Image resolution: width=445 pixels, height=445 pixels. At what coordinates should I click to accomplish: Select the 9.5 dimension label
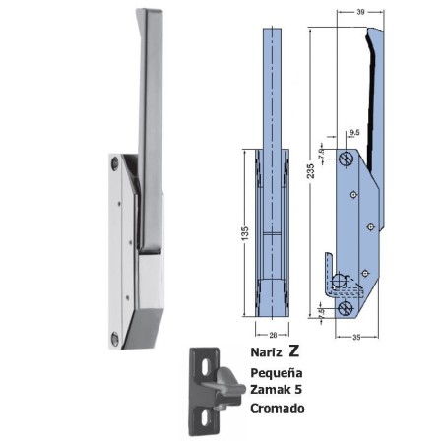(352, 130)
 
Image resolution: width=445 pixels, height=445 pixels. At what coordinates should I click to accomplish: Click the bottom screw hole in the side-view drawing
(343, 307)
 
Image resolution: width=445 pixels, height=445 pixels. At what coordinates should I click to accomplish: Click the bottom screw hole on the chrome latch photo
(118, 338)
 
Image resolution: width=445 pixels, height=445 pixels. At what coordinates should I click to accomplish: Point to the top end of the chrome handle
(151, 14)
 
